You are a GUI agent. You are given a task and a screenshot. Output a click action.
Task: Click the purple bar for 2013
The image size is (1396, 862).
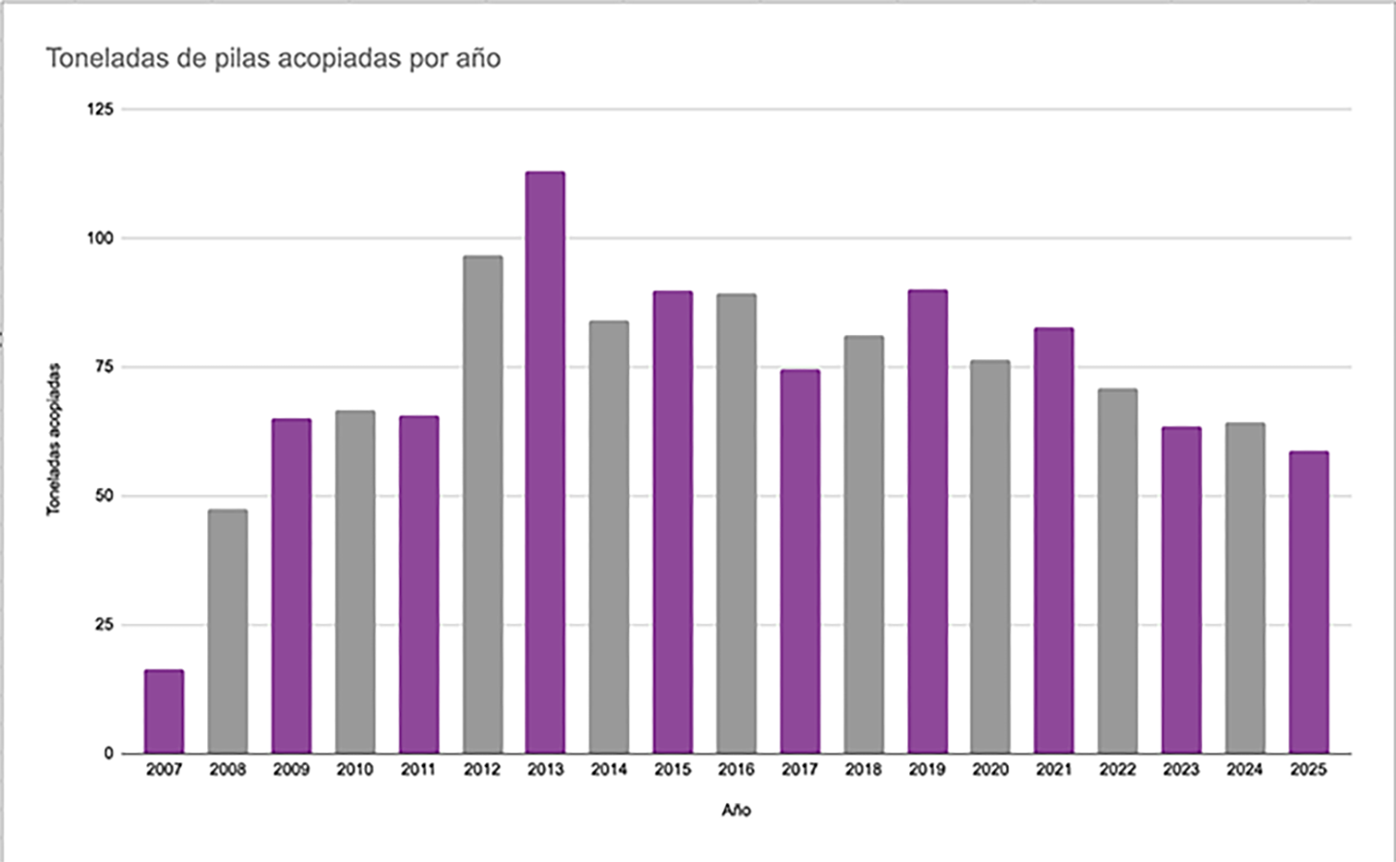click(x=545, y=462)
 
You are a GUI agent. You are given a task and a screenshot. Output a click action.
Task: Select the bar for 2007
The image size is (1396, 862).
click(x=164, y=711)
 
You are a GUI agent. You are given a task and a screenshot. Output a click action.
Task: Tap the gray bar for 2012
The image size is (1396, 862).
click(x=482, y=504)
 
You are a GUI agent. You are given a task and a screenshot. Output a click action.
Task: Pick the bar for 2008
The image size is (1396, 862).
click(x=228, y=631)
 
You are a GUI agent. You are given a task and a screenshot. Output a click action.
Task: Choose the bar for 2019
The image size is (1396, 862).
click(x=927, y=521)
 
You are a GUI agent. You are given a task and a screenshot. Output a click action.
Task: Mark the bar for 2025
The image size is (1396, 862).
click(x=1309, y=601)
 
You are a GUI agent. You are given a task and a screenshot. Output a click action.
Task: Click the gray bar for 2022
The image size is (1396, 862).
click(x=1117, y=570)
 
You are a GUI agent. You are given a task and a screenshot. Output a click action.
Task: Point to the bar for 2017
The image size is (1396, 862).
click(x=800, y=561)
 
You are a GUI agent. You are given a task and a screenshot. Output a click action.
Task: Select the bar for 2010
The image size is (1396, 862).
click(x=355, y=581)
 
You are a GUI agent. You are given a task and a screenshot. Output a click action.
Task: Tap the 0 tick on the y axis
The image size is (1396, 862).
click(x=109, y=754)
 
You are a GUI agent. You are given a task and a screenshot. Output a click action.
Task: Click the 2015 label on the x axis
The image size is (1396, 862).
click(x=673, y=770)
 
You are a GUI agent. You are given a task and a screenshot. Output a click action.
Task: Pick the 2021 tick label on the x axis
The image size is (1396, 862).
click(x=1054, y=770)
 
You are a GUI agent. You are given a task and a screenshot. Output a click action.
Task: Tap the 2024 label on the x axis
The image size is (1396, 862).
click(x=1245, y=770)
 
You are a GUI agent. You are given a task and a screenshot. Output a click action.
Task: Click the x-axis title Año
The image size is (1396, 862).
click(x=736, y=810)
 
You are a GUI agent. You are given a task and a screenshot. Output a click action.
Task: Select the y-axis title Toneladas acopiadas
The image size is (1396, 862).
click(x=54, y=439)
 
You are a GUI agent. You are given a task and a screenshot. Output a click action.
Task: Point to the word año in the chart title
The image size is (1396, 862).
click(x=478, y=58)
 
